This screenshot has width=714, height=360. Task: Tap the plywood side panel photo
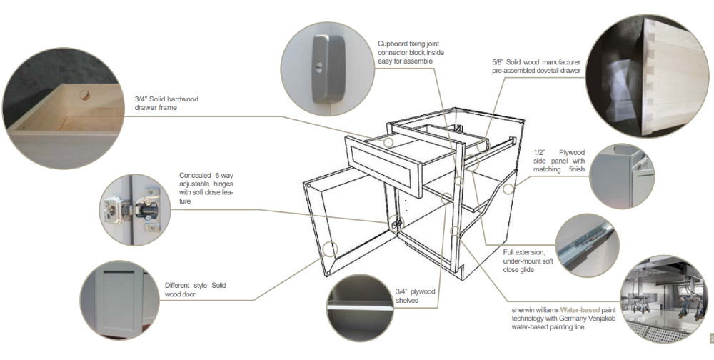click(x=620, y=176)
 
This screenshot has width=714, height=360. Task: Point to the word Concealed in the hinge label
click(x=195, y=176)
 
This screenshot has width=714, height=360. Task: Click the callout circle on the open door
click(x=330, y=248)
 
